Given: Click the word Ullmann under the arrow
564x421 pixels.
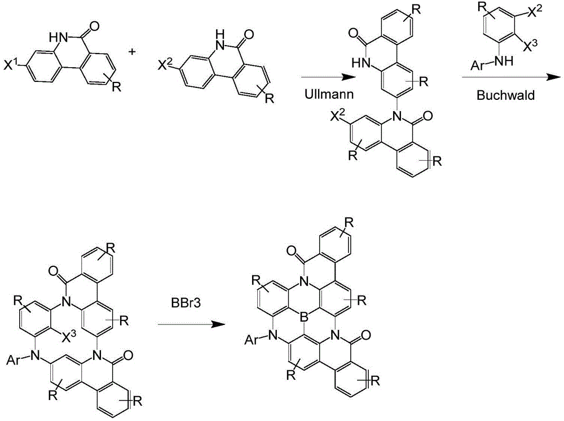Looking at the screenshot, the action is [x=329, y=94].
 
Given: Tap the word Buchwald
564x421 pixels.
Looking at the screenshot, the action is [x=505, y=95].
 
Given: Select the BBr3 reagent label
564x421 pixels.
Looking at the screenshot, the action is [x=186, y=302].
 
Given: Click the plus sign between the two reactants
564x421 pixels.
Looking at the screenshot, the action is [x=133, y=52].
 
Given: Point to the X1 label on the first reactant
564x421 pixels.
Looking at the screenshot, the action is [x=10, y=65].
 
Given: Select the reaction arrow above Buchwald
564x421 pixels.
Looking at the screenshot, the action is [x=511, y=77].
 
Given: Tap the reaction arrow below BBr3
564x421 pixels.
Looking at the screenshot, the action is [x=191, y=324].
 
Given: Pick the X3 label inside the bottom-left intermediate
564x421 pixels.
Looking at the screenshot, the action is [x=69, y=337].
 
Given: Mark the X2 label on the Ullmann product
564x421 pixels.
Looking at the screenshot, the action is [x=339, y=117].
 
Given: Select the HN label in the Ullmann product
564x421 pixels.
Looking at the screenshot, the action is [x=361, y=63].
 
